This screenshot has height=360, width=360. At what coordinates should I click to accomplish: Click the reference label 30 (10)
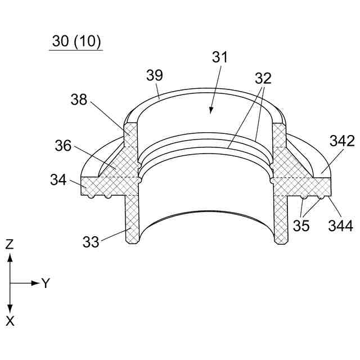click(x=76, y=41)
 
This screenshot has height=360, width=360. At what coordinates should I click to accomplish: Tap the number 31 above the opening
click(x=220, y=57)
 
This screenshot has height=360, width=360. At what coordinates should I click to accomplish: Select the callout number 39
click(x=155, y=75)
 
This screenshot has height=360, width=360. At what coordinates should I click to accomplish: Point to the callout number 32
click(x=263, y=78)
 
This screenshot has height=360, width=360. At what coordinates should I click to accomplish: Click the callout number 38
click(x=79, y=100)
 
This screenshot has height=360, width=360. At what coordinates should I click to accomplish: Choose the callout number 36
click(x=63, y=146)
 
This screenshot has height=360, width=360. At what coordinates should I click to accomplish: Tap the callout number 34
click(x=58, y=180)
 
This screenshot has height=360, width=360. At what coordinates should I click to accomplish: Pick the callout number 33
click(x=91, y=241)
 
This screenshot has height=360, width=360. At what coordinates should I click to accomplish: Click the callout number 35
click(x=301, y=225)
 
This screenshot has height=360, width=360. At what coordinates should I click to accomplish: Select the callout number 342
click(x=342, y=141)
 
